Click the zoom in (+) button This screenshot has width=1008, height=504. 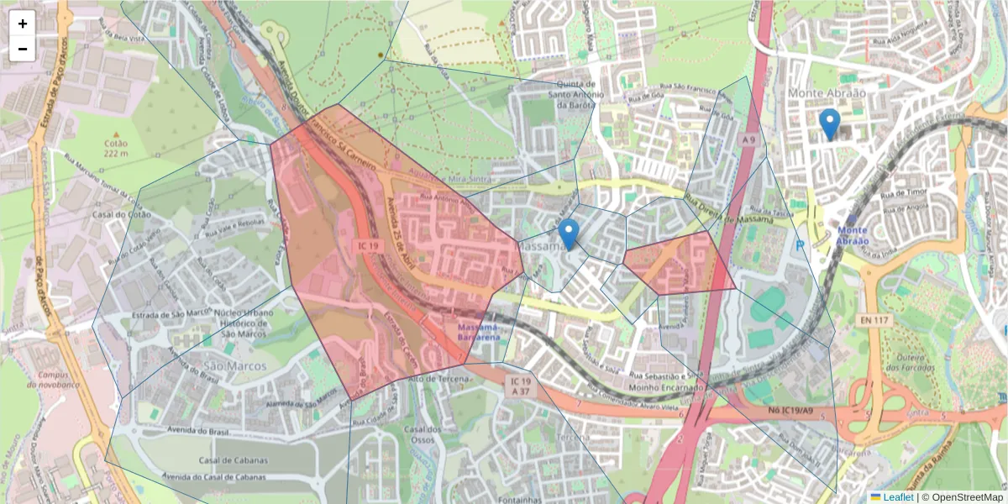(23, 24)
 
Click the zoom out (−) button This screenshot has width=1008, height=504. (23, 49)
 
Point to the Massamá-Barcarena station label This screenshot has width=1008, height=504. (479, 331)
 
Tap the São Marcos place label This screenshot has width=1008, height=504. (234, 366)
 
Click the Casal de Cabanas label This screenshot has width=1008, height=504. (233, 460)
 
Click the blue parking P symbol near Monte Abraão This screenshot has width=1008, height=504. (799, 244)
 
